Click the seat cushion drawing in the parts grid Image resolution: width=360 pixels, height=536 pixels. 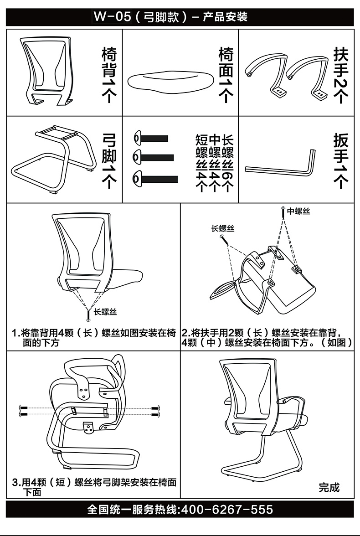tap(169, 82)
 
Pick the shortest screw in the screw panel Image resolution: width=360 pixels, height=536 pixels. tap(151, 138)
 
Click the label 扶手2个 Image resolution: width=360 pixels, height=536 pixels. tap(341, 73)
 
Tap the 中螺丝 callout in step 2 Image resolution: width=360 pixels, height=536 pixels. tap(298, 211)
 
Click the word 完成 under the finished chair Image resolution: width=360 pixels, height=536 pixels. tap(329, 487)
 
